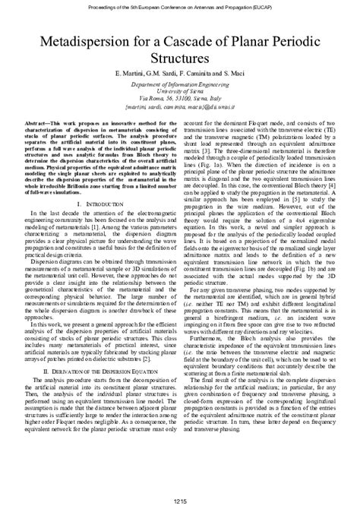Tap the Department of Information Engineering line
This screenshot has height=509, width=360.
click(180, 90)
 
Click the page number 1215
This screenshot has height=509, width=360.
click(180, 501)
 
